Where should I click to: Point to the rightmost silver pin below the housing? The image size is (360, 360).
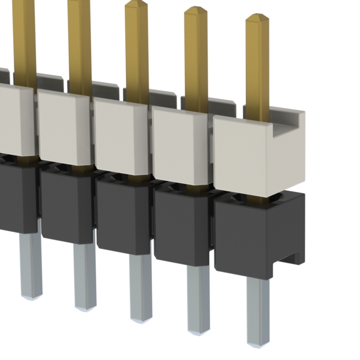(258, 309)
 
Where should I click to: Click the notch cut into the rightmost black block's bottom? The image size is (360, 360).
(292, 260)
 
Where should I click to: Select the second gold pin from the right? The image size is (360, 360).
(196, 56)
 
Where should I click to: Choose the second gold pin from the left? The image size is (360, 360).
(79, 39)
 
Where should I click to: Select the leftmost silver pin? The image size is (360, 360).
(31, 264)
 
